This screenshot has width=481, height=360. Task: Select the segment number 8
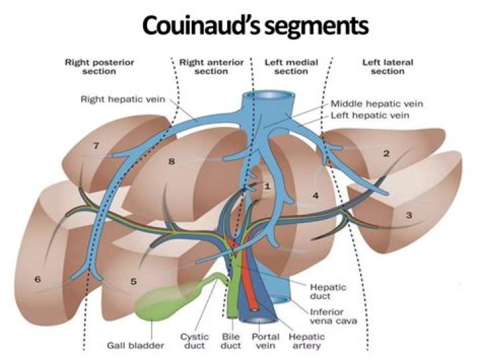tap(171, 161)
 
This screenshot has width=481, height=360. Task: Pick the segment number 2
tap(385, 154)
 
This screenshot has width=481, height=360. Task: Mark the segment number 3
tap(408, 216)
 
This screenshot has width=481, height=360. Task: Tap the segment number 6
tap(37, 279)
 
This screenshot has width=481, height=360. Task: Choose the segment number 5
tap(133, 281)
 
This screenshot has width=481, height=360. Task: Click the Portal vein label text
tap(265, 341)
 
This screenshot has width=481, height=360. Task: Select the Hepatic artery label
tap(304, 341)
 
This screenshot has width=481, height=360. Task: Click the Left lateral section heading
tap(387, 67)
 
